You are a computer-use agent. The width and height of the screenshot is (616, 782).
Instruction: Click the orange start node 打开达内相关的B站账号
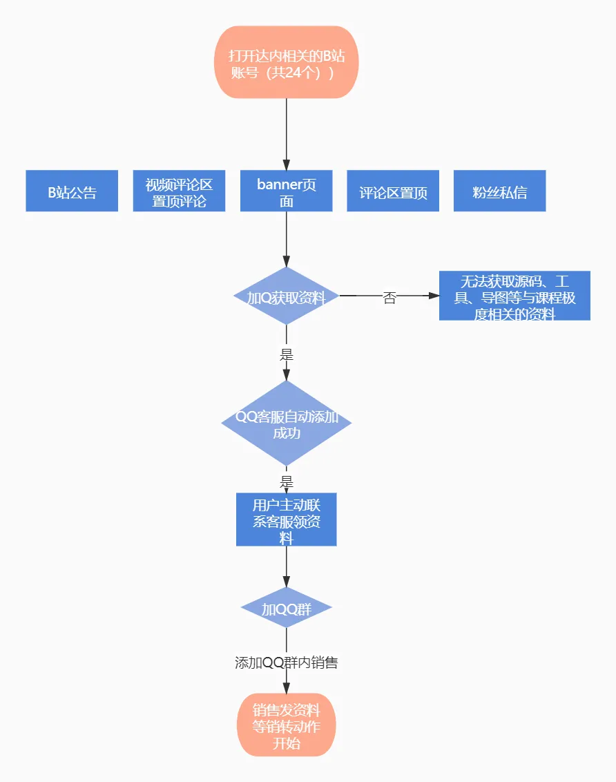[287, 63]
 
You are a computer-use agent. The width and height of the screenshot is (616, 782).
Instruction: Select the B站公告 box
[72, 191]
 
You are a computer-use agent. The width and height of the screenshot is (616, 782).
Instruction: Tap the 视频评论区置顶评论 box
[179, 191]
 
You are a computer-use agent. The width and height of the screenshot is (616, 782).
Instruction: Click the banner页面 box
[287, 191]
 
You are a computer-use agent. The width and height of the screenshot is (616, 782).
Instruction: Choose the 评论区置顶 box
[393, 191]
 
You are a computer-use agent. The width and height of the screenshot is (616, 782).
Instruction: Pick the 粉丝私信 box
[499, 191]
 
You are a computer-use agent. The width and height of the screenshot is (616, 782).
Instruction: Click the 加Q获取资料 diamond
[287, 296]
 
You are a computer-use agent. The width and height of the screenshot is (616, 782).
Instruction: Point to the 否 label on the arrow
[389, 298]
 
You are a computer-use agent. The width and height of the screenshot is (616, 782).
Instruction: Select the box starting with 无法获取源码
[514, 296]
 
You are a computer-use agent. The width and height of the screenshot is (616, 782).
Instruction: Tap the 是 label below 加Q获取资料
[287, 354]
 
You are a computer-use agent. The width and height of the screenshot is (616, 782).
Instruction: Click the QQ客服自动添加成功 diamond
[287, 423]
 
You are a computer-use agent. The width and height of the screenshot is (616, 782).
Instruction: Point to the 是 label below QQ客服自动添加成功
[287, 482]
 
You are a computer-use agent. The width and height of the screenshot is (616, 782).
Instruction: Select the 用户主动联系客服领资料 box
[287, 519]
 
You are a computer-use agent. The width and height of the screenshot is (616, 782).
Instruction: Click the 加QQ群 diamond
[287, 609]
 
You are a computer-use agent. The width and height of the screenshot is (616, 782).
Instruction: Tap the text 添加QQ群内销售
[287, 663]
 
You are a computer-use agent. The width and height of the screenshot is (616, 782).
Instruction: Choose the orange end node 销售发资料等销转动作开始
[287, 725]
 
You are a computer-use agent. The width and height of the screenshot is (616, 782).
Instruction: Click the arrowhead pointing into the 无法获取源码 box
[434, 296]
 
